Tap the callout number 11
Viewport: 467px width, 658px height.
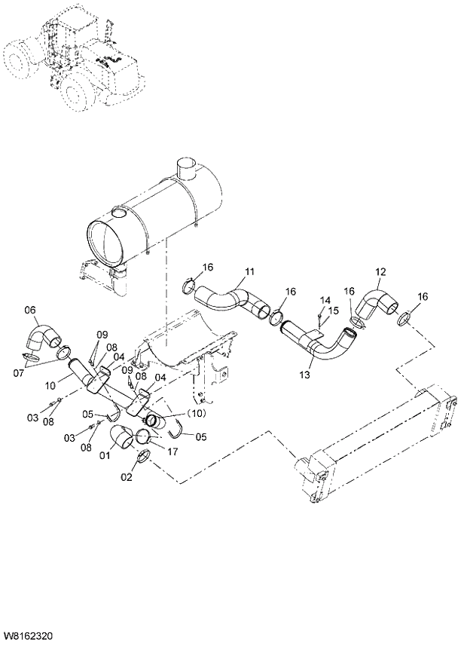click(249, 271)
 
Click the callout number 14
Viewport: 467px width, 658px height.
click(325, 300)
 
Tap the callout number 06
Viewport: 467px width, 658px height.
click(30, 309)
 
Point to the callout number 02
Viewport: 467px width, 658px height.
click(126, 477)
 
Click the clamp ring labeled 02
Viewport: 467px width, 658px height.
click(143, 456)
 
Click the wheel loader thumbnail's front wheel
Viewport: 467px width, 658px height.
click(79, 93)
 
